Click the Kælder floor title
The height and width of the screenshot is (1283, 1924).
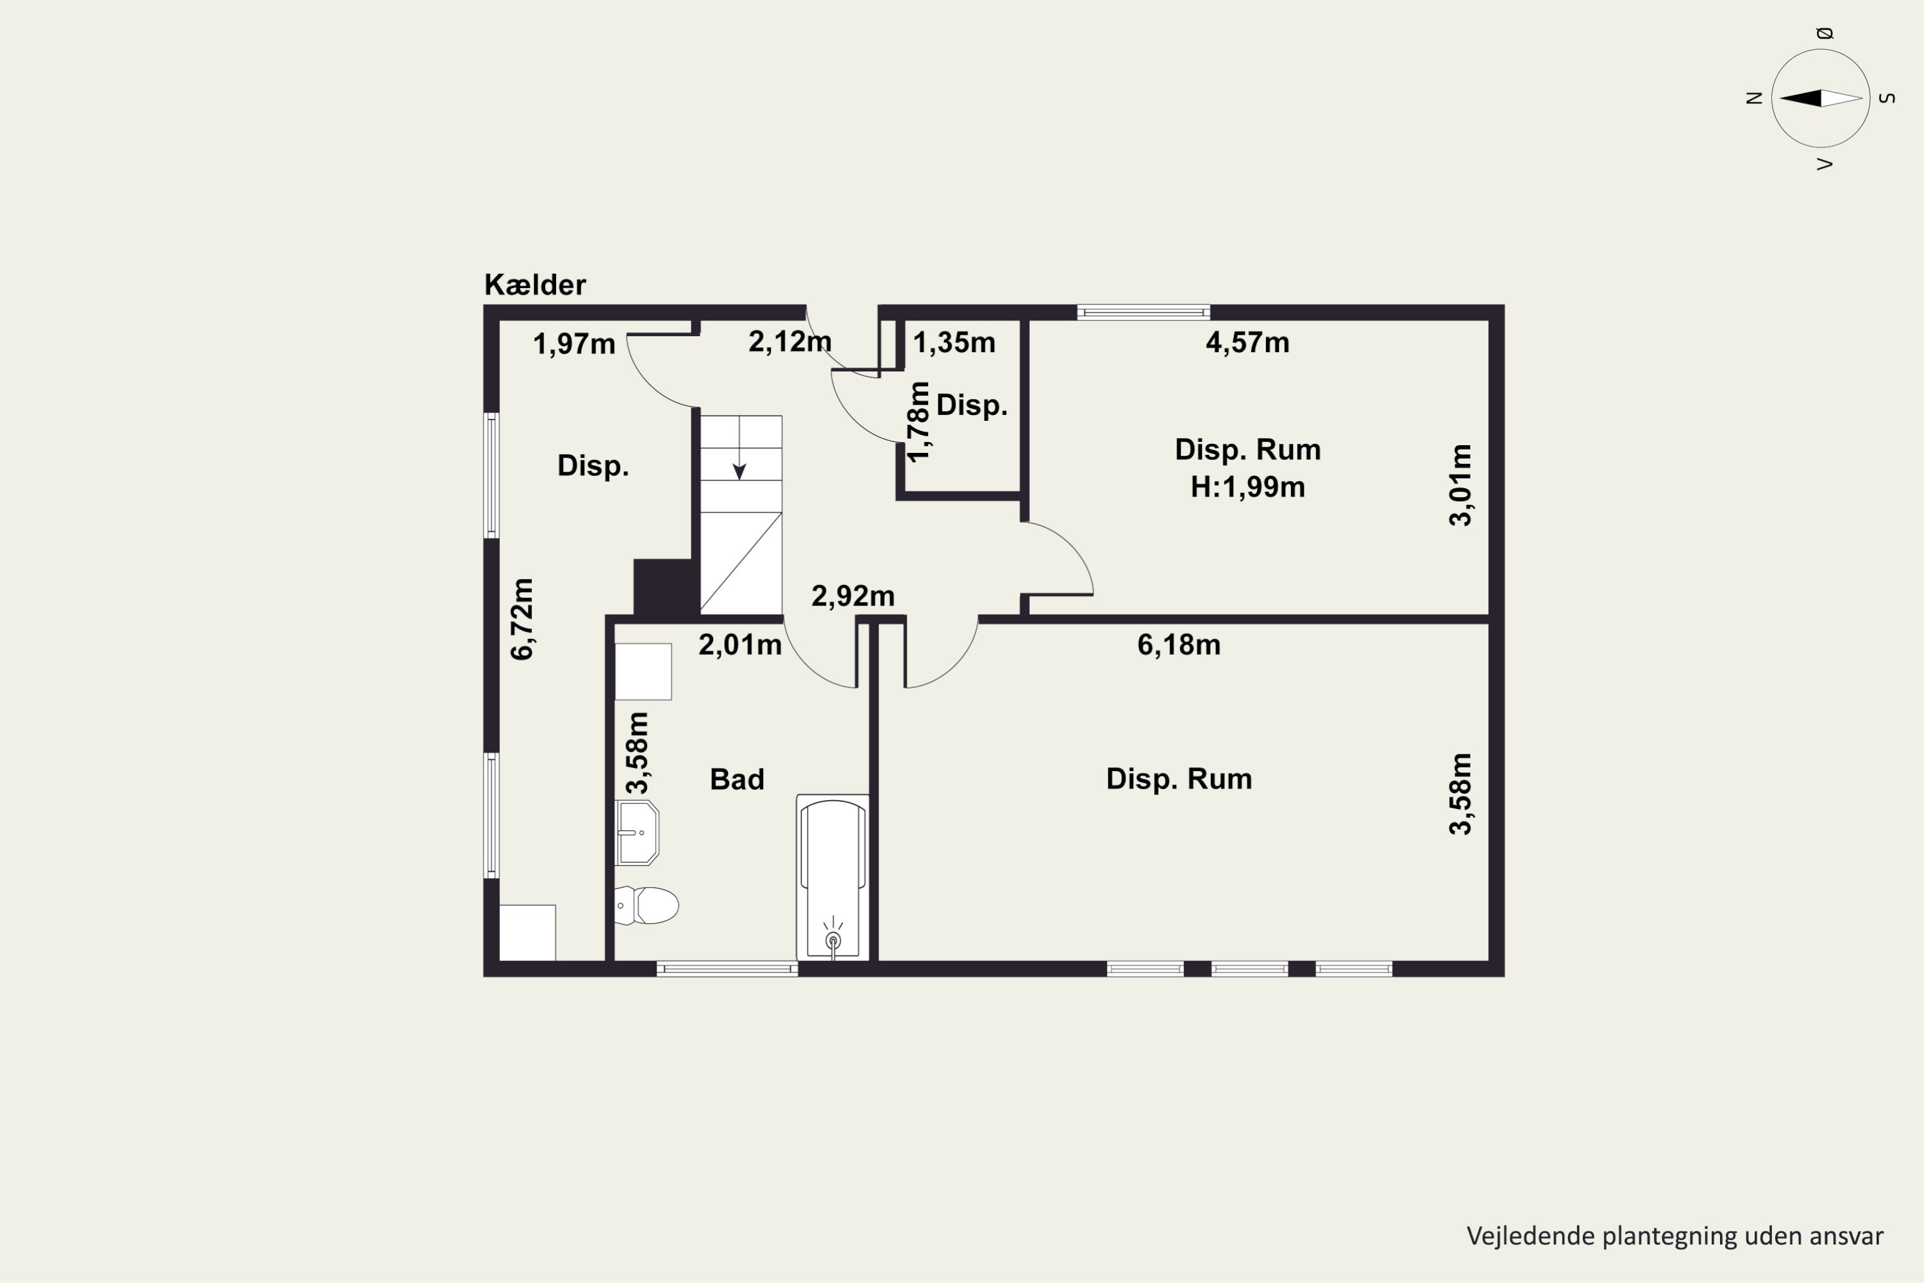pos(535,285)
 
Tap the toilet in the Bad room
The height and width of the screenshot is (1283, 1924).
pos(646,905)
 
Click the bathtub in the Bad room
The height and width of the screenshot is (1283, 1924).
pos(832,877)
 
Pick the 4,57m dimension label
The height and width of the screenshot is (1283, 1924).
pos(1247,342)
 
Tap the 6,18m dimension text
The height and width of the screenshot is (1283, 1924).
pos(1179,645)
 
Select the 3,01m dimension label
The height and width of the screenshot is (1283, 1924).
pos(1460,485)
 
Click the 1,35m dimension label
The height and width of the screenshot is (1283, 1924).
pos(954,342)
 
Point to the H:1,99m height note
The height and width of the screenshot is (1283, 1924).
pos(1247,487)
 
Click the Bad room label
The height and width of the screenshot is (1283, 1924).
pos(737,779)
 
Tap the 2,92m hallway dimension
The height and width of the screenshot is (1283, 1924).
pos(853,596)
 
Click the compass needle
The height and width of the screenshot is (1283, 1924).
pos(1821,98)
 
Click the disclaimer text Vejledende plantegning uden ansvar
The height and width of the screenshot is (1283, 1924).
pos(1675,1236)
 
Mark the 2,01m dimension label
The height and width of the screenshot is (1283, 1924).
pos(740,645)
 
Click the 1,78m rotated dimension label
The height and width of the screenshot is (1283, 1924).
pos(920,421)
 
